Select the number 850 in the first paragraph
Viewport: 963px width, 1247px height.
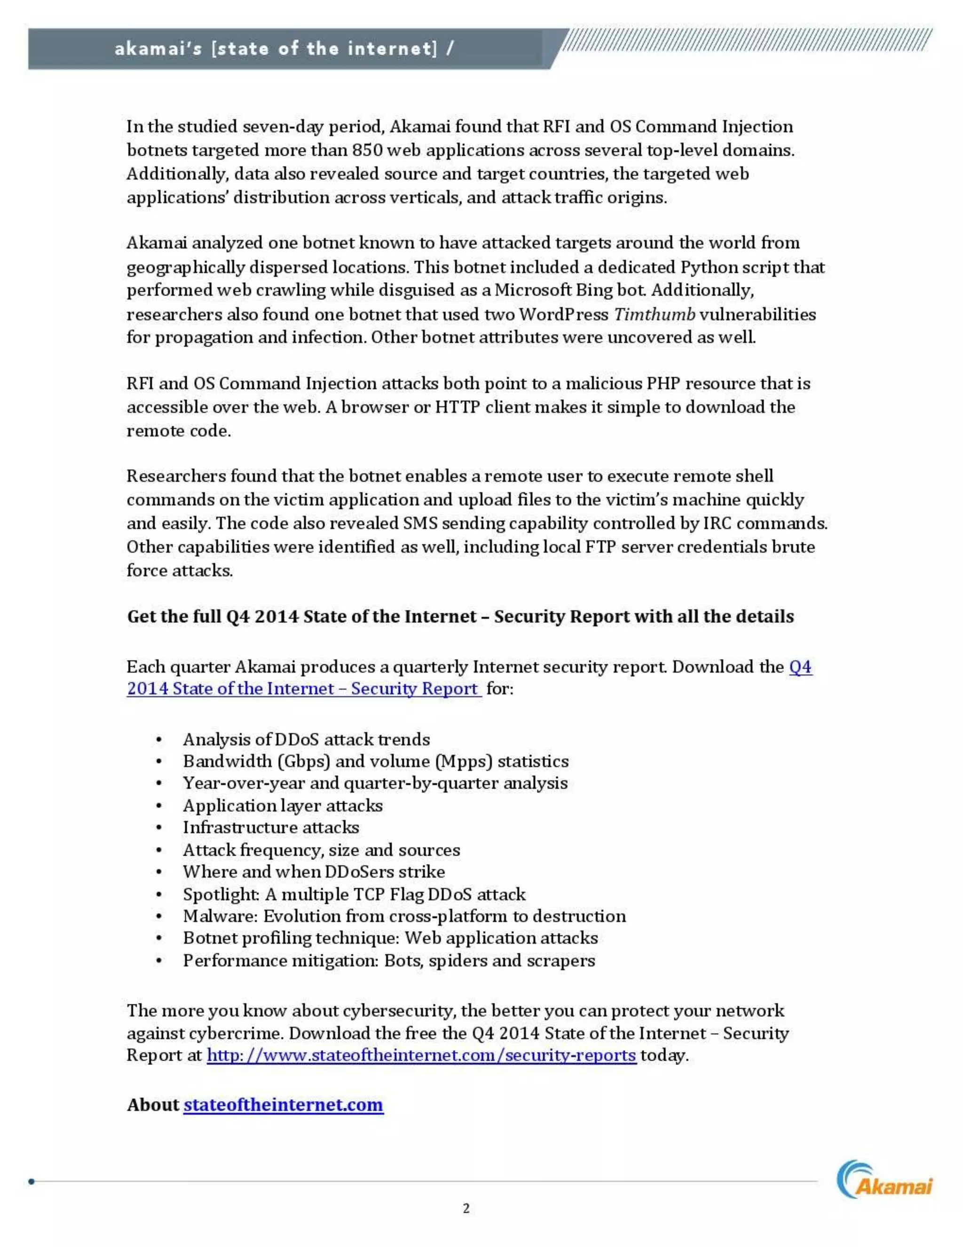[x=368, y=150]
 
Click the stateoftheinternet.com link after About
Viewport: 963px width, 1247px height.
[x=283, y=1104]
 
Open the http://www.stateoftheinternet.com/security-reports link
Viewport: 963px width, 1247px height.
[x=421, y=1055]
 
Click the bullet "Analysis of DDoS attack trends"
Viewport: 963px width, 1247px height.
[x=306, y=739]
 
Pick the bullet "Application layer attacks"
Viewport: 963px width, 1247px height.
[x=283, y=806]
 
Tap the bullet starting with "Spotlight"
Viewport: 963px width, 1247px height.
[x=354, y=894]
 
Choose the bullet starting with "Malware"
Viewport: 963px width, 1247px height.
[x=404, y=916]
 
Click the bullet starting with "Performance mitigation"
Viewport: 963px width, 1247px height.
[x=389, y=961]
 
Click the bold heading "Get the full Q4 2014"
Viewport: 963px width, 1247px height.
[x=460, y=617]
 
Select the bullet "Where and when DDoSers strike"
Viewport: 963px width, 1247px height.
[x=313, y=872]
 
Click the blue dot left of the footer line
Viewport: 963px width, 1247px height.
[x=32, y=1181]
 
